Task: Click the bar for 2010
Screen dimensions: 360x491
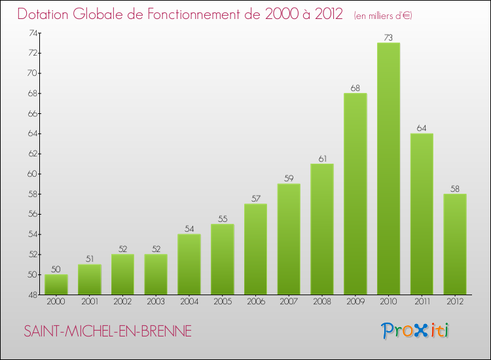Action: tap(388, 169)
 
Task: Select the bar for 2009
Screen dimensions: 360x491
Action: tap(355, 194)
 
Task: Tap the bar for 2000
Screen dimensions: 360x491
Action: tap(56, 285)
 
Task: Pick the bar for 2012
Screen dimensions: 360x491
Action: tap(454, 244)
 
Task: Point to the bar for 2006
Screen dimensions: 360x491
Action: tap(255, 249)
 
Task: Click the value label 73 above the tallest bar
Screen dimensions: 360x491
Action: tap(388, 38)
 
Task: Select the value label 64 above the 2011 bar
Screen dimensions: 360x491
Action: tap(422, 128)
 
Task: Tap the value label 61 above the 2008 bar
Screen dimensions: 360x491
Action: tap(321, 158)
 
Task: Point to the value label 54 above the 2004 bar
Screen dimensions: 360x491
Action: tap(189, 229)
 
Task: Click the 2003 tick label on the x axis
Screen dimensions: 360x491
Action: tap(156, 302)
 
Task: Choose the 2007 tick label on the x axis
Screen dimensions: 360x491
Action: tap(289, 302)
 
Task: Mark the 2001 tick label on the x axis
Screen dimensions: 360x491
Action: tap(89, 302)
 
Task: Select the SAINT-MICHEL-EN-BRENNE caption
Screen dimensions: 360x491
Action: tap(107, 332)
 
